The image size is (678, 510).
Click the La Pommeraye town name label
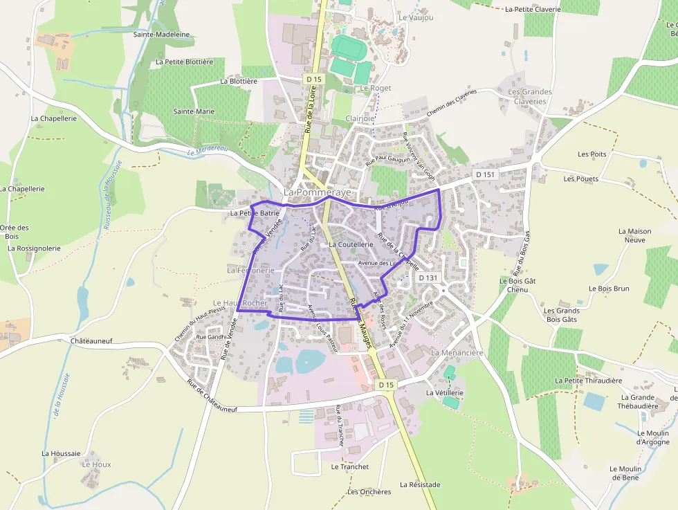click(318, 192)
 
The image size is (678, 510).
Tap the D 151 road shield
click(485, 174)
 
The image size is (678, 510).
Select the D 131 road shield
click(428, 277)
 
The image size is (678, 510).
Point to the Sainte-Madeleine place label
click(162, 34)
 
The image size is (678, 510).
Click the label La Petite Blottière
click(185, 62)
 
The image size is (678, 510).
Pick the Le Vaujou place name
click(416, 17)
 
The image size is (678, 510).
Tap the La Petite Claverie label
click(533, 10)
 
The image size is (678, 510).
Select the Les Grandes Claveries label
click(530, 96)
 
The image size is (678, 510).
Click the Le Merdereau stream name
click(208, 151)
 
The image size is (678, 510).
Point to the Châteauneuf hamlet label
click(91, 341)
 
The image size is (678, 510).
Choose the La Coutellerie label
click(351, 244)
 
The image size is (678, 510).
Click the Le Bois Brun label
click(609, 289)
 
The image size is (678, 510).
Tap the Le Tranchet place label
click(350, 466)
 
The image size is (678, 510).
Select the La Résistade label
click(420, 485)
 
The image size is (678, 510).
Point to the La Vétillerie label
click(444, 393)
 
